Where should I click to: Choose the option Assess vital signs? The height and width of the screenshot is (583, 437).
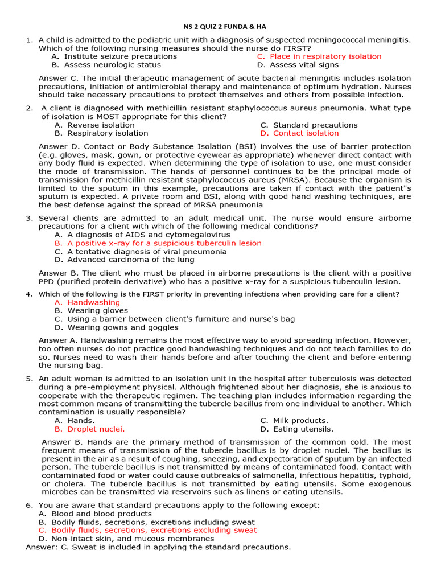pos(306,65)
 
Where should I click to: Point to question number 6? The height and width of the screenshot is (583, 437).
pos(30,506)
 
